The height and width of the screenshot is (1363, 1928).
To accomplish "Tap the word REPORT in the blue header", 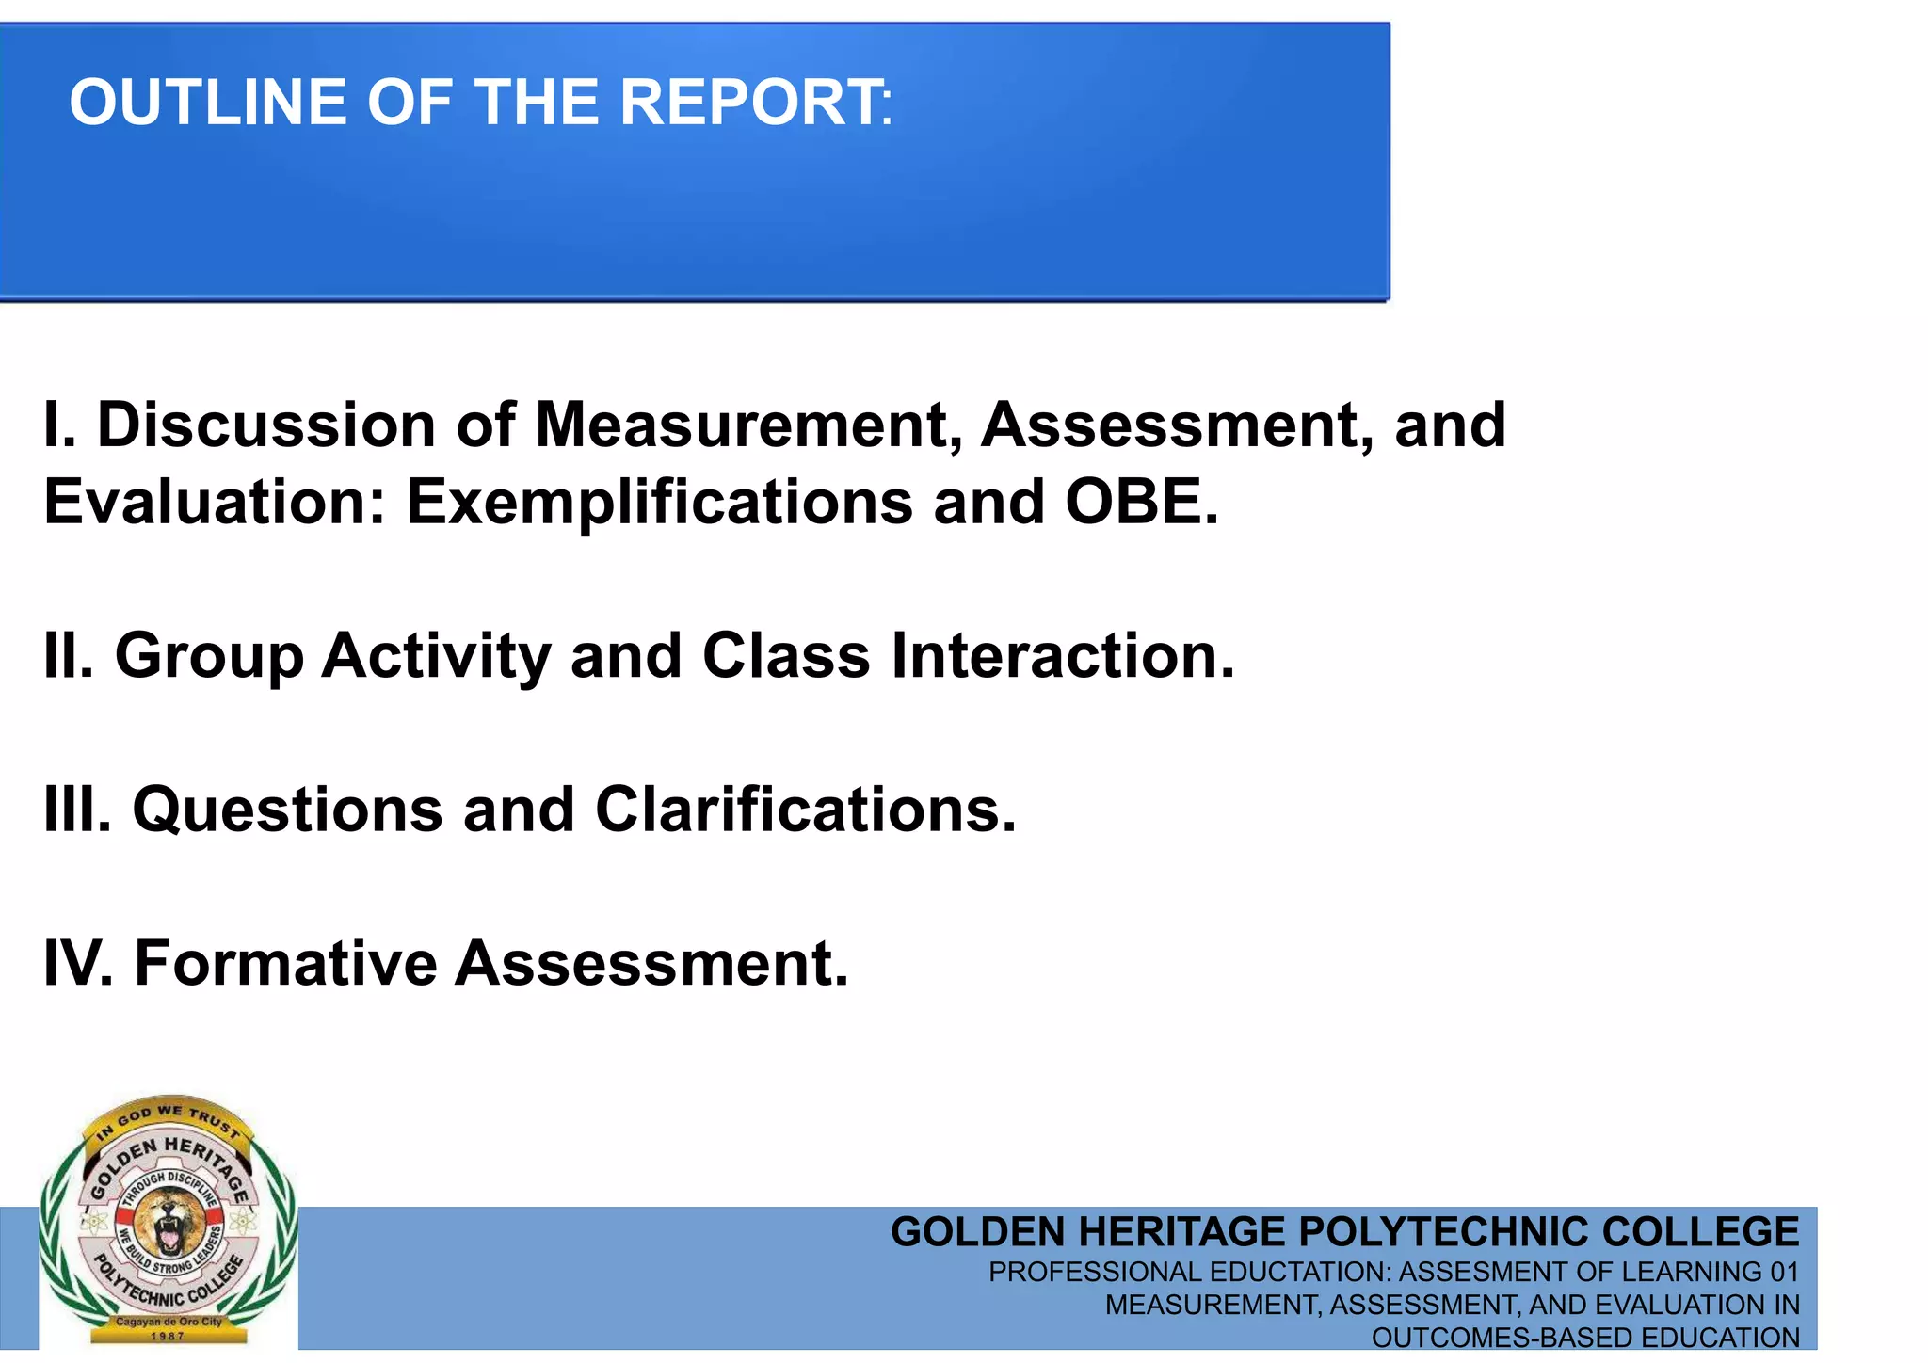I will coord(749,103).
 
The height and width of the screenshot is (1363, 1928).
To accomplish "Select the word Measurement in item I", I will coord(749,425).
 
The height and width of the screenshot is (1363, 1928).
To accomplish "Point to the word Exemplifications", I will coord(659,502).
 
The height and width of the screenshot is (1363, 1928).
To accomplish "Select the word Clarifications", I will coord(805,810).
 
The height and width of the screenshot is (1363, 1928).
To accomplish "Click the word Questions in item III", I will coord(287,810).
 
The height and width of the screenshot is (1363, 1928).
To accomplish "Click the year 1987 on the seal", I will coord(169,1336).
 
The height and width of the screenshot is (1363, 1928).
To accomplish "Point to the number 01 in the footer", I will coord(1784,1273).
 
